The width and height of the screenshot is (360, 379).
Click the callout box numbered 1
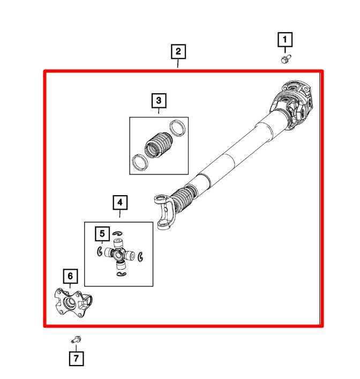pos(284,39)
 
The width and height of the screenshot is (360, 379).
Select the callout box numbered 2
pos(178,51)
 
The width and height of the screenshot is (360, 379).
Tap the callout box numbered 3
pos(159,100)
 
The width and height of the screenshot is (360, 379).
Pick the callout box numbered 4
pos(120,203)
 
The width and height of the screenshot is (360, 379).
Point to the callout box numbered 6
pos(69,276)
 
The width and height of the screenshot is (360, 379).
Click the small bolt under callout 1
pos(285,57)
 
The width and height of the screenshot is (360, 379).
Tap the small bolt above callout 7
pos(76,339)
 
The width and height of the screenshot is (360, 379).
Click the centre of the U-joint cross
pos(119,254)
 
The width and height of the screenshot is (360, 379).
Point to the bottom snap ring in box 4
pos(121,275)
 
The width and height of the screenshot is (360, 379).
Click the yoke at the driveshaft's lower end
pos(165,211)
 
